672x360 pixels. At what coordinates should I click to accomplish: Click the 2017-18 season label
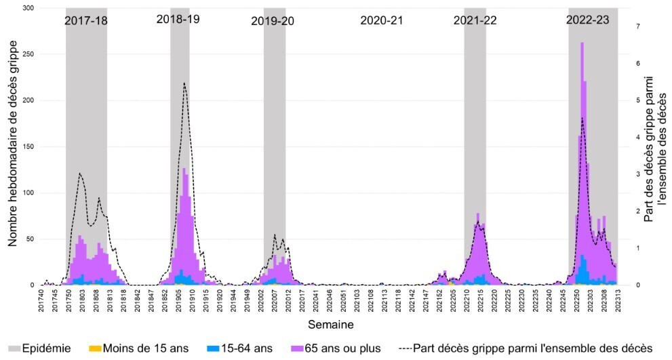pyautogui.click(x=86, y=20)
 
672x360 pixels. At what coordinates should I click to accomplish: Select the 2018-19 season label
pyautogui.click(x=178, y=20)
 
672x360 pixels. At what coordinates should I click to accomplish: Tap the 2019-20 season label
pyautogui.click(x=273, y=21)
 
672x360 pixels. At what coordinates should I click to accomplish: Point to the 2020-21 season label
pyautogui.click(x=382, y=20)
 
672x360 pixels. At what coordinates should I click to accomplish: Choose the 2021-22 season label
pyautogui.click(x=475, y=20)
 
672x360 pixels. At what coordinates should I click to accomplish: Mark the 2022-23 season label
pyautogui.click(x=588, y=20)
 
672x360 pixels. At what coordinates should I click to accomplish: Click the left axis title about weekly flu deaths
pyautogui.click(x=13, y=146)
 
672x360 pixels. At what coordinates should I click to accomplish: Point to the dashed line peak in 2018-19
pyautogui.click(x=184, y=83)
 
